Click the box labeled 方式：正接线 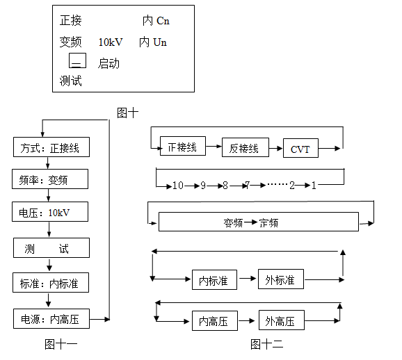pyautogui.click(x=51, y=148)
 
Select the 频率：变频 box pyautogui.click(x=51, y=179)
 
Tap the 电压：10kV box pyautogui.click(x=51, y=211)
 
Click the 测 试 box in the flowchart pyautogui.click(x=51, y=248)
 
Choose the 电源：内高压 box pyautogui.click(x=51, y=319)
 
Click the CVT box pyautogui.click(x=300, y=149)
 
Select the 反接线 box pyautogui.click(x=244, y=148)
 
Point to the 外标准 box pyautogui.click(x=280, y=280)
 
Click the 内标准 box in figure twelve pyautogui.click(x=214, y=280)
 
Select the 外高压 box pyautogui.click(x=280, y=321)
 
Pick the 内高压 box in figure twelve pyautogui.click(x=214, y=321)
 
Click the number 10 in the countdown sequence pyautogui.click(x=178, y=186)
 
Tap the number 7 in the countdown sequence pyautogui.click(x=246, y=186)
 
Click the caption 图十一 pyautogui.click(x=61, y=343)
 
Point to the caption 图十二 pyautogui.click(x=266, y=343)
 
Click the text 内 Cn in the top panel pyautogui.click(x=156, y=21)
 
